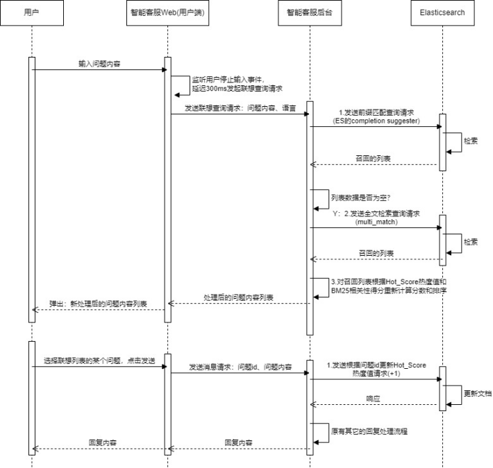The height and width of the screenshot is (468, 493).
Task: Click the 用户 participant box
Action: pos(32,12)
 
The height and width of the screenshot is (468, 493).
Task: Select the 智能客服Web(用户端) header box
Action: pos(167,12)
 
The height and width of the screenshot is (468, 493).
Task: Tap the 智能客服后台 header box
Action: pos(309,12)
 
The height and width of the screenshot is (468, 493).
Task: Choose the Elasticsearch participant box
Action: pos(442,12)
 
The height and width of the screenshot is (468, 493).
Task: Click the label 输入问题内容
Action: pos(98,63)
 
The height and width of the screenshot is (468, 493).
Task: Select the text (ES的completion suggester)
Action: pos(375,120)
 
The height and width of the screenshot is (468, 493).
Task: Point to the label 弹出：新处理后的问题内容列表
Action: pos(98,304)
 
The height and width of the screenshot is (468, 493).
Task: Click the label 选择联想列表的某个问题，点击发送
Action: pos(98,361)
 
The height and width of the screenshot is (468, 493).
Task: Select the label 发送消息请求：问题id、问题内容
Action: pos(240,366)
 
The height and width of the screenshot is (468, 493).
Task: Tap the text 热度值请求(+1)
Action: pos(376,372)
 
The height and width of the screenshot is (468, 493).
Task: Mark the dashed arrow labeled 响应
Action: pos(375,404)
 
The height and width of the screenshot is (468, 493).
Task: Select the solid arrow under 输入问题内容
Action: pos(98,69)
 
